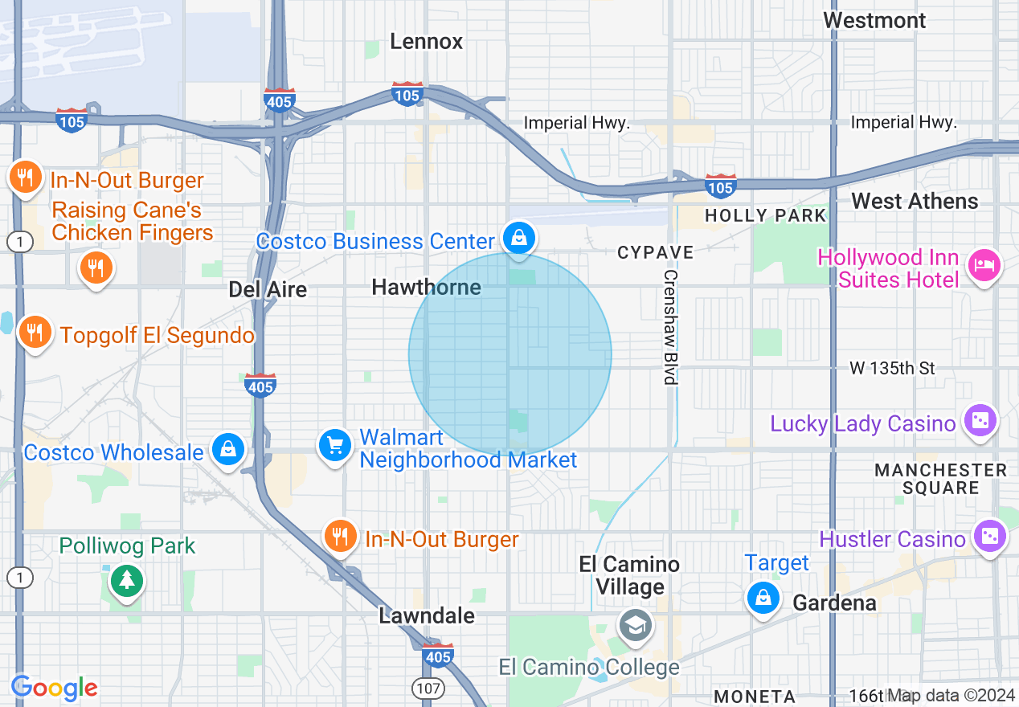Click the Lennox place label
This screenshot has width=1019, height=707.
[426, 42]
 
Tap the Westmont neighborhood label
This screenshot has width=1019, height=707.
[874, 20]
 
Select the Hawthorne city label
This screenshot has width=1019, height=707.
[426, 287]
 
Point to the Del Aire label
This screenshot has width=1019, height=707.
[268, 289]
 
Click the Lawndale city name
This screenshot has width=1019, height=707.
[427, 615]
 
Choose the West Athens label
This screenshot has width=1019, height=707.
[915, 202]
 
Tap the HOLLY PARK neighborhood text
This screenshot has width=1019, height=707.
[765, 215]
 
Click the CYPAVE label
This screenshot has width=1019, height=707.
[655, 253]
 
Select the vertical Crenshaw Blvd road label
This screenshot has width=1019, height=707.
[671, 326]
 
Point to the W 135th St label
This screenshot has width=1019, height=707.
[892, 368]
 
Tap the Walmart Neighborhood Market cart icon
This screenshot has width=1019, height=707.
[335, 445]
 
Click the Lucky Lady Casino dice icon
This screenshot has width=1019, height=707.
[980, 420]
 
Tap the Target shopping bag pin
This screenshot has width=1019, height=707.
[762, 598]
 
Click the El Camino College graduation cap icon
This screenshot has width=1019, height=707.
[635, 625]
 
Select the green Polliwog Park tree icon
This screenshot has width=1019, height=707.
[125, 580]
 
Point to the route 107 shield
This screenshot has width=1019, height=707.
[425, 689]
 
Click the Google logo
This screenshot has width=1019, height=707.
[55, 688]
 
